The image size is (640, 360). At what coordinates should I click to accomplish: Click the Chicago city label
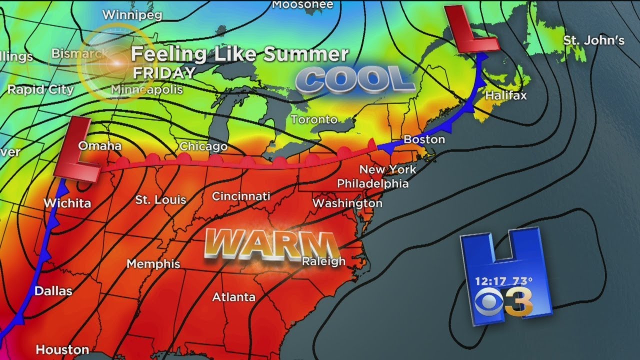click(x=203, y=146)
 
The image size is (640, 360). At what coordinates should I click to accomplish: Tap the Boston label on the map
click(x=424, y=139)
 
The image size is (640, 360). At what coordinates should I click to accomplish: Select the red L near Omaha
click(x=76, y=150)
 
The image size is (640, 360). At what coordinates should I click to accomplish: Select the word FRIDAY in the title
click(x=164, y=73)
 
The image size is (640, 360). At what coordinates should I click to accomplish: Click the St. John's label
click(x=594, y=40)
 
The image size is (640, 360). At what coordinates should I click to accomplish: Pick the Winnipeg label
click(x=132, y=15)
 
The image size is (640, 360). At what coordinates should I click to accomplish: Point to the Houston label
click(x=62, y=349)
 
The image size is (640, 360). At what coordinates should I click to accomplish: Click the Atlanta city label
click(x=234, y=297)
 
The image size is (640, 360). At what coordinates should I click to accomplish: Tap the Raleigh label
click(x=323, y=261)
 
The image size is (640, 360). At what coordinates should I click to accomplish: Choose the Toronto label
click(x=314, y=119)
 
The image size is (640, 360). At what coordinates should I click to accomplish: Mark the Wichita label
click(x=67, y=203)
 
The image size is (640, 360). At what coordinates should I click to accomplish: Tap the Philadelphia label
click(x=372, y=183)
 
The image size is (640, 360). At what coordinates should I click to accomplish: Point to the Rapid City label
click(x=40, y=90)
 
